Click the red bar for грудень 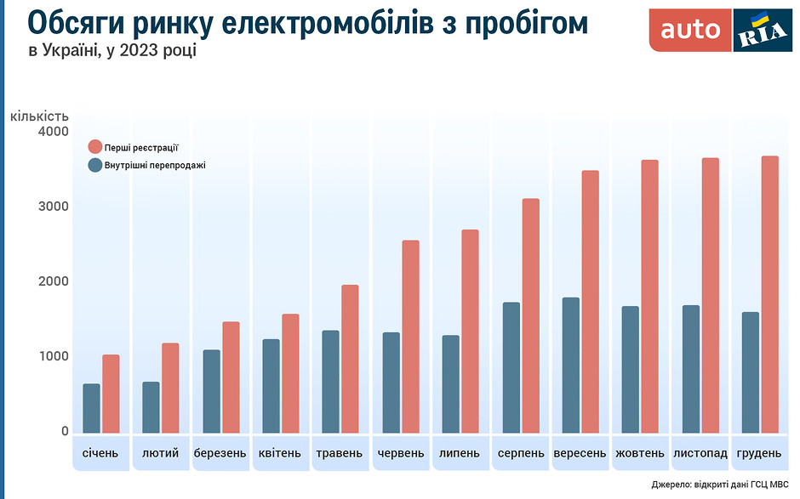click(769, 294)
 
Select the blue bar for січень click(91, 408)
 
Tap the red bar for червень click(410, 337)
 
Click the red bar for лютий click(170, 388)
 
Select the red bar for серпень click(530, 315)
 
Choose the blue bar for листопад click(691, 369)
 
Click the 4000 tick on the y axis click(53, 132)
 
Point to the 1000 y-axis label click(53, 357)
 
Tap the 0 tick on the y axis click(63, 432)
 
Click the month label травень click(339, 453)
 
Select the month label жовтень click(639, 453)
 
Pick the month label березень click(220, 453)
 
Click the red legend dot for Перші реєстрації click(95, 147)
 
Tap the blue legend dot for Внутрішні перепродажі click(95, 165)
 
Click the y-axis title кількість click(39, 116)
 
